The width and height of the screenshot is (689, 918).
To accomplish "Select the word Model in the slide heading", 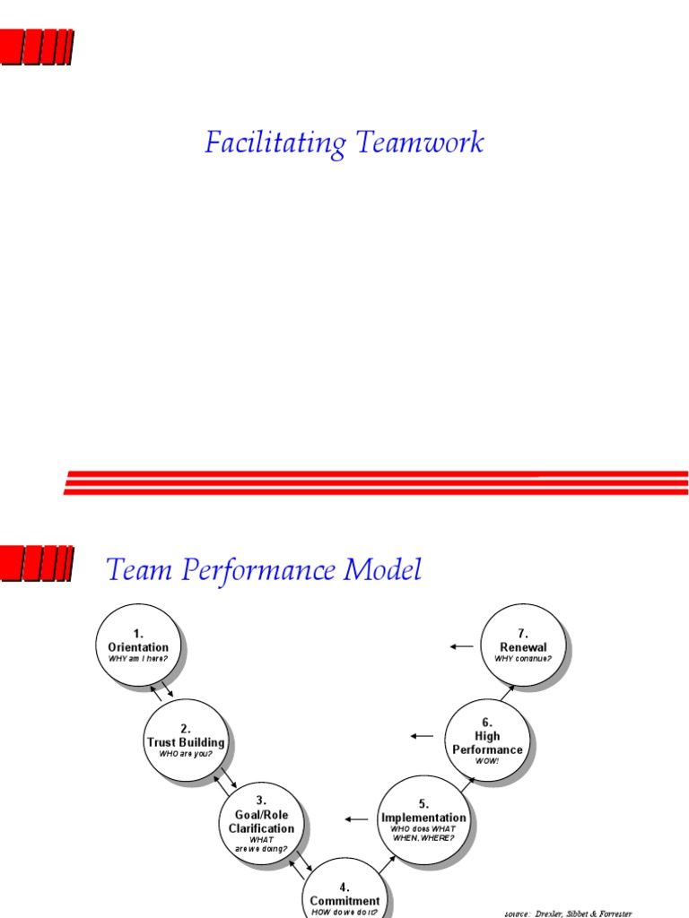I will pyautogui.click(x=380, y=569).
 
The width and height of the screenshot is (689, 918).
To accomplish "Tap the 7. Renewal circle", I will pyautogui.click(x=523, y=645).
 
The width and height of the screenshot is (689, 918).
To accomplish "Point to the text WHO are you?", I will pyautogui.click(x=185, y=754).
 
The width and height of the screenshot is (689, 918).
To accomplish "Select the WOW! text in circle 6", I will pyautogui.click(x=488, y=761).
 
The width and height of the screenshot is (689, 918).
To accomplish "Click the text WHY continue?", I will pyautogui.click(x=523, y=659).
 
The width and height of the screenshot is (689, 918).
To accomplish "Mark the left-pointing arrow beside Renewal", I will pyautogui.click(x=461, y=645).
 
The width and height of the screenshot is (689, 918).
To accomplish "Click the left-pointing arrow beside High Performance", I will pyautogui.click(x=422, y=736).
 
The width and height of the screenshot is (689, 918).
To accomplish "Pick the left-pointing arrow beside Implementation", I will pyautogui.click(x=356, y=818).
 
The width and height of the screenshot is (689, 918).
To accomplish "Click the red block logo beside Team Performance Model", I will pyautogui.click(x=37, y=561).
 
